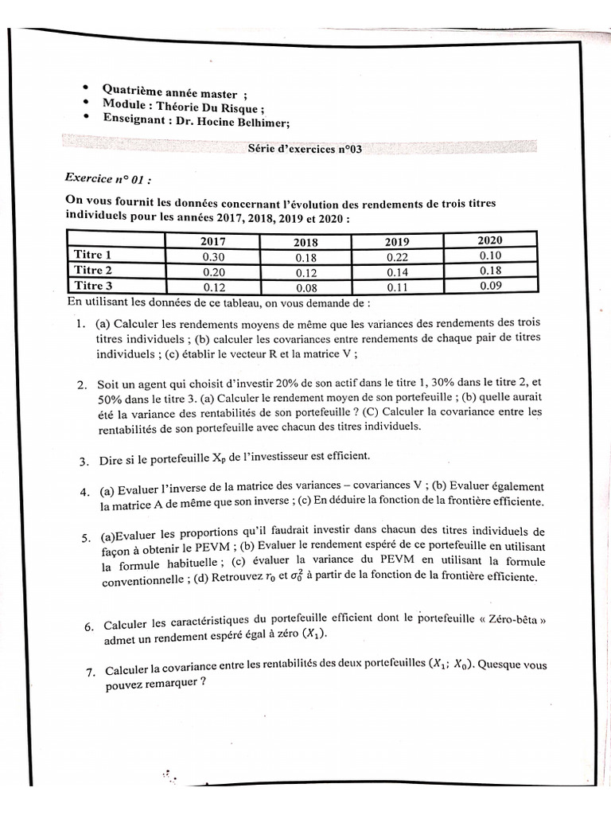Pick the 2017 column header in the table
pyautogui.click(x=212, y=241)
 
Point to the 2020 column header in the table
pyautogui.click(x=489, y=240)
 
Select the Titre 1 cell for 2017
pyautogui.click(x=212, y=256)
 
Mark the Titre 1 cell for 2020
pyautogui.click(x=491, y=255)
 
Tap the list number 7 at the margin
pyautogui.click(x=90, y=673)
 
